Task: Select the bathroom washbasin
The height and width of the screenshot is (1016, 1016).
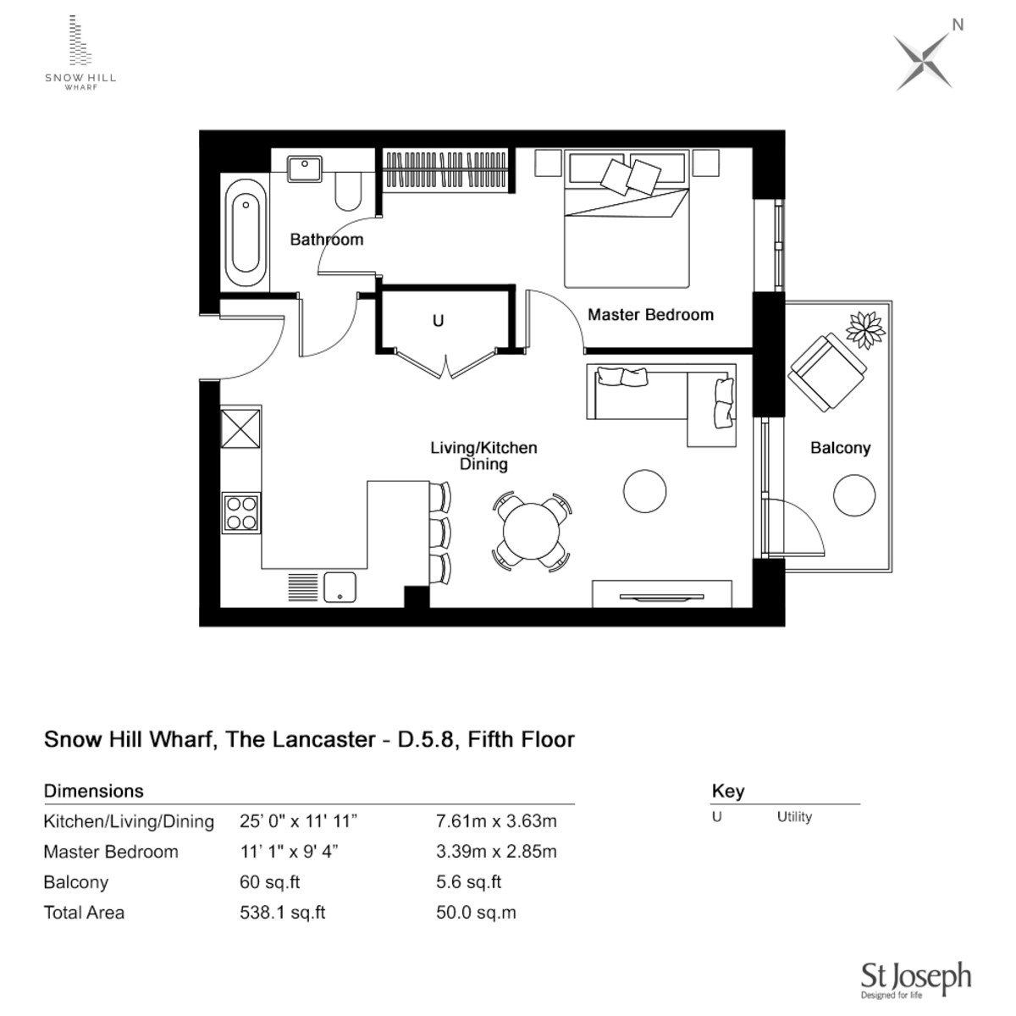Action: pyautogui.click(x=303, y=168)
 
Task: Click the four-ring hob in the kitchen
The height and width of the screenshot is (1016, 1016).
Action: pyautogui.click(x=241, y=512)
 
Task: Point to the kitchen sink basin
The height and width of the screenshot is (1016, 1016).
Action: pyautogui.click(x=340, y=586)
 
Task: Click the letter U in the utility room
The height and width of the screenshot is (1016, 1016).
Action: pyautogui.click(x=438, y=321)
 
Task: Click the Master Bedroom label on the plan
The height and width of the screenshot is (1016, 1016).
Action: pyautogui.click(x=650, y=315)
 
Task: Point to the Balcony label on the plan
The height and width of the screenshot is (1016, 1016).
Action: pyautogui.click(x=840, y=448)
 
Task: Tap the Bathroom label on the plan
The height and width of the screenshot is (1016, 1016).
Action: pyautogui.click(x=326, y=240)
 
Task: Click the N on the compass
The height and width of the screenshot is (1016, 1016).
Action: pyautogui.click(x=958, y=25)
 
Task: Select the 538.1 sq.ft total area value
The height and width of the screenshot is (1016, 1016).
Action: pyautogui.click(x=283, y=913)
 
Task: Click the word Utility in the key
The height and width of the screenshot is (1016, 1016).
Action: pyautogui.click(x=794, y=817)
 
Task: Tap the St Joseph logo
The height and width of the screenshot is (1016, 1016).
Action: pyautogui.click(x=915, y=979)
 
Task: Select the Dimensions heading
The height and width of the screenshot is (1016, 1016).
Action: pyautogui.click(x=94, y=791)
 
